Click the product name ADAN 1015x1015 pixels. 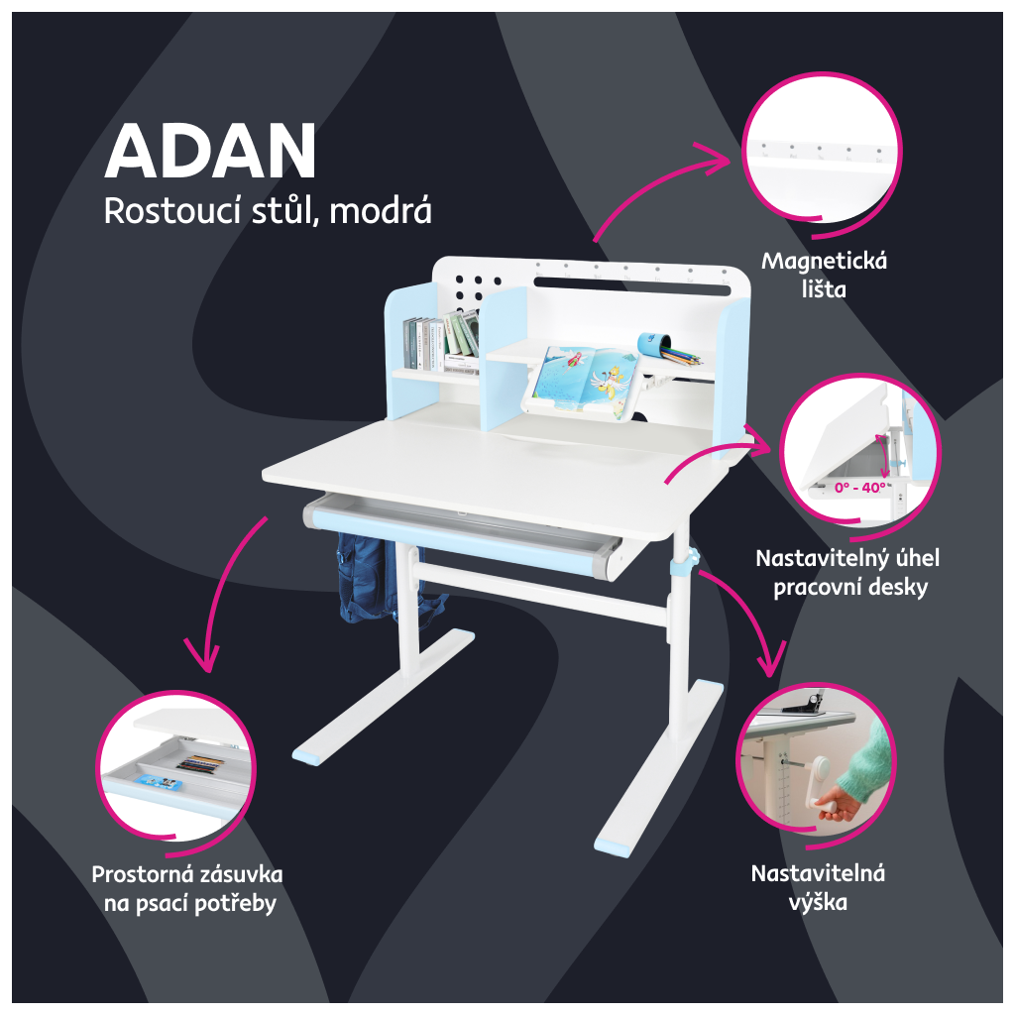[210, 152]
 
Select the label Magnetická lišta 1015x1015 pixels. [824, 277]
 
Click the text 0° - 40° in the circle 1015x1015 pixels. [859, 488]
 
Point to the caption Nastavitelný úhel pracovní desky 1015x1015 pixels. [847, 572]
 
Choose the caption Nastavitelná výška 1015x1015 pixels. [818, 887]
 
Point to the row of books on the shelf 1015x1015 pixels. [440, 338]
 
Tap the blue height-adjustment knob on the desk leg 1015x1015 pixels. [685, 564]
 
